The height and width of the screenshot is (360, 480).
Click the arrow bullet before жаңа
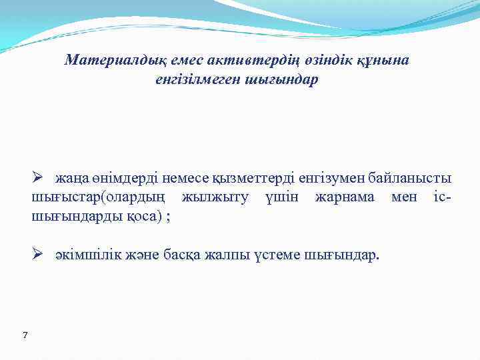click(39, 178)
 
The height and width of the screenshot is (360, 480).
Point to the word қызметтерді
click(253, 179)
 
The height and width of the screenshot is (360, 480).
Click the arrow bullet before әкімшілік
click(39, 255)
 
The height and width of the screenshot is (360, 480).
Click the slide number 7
click(25, 335)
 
